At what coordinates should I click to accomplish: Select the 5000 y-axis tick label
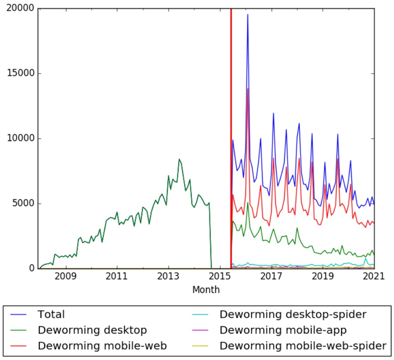[22, 204]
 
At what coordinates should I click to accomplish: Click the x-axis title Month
[206, 289]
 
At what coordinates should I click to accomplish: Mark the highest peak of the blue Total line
[248, 14]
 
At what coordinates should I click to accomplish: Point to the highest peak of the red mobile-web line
[248, 88]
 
